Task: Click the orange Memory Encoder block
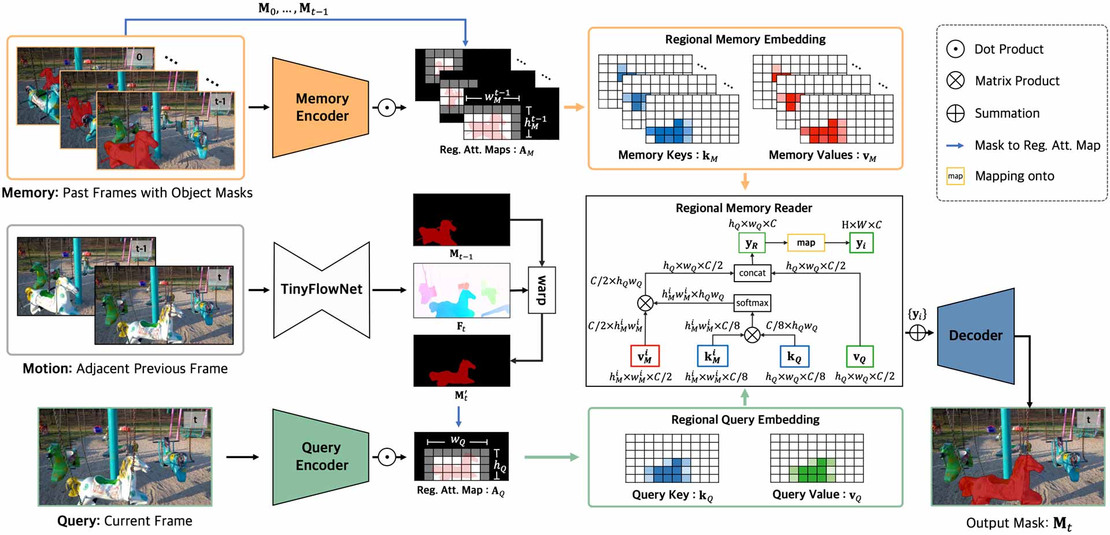[321, 107]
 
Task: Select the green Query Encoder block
[321, 457]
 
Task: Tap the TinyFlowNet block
[321, 289]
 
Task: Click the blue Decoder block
[976, 335]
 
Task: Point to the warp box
[542, 290]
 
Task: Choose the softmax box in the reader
[752, 302]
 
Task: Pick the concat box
[752, 272]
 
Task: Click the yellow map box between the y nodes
[806, 243]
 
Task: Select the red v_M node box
[645, 356]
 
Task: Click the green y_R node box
[752, 243]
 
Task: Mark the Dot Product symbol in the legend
[955, 49]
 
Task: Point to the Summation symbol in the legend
[955, 113]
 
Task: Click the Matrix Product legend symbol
[955, 80]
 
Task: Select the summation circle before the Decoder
[917, 333]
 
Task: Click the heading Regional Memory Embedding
[745, 39]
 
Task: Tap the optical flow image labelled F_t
[461, 290]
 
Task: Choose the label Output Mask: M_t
[1019, 523]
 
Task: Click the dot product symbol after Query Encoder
[387, 457]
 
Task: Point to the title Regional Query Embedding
[745, 419]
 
